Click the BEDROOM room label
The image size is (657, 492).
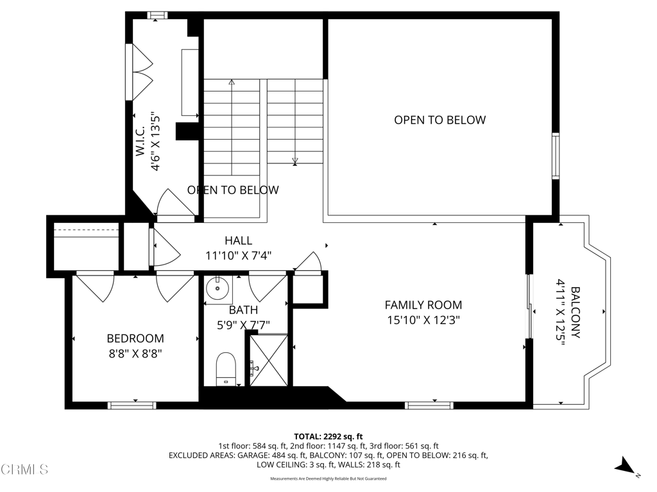pyautogui.click(x=135, y=338)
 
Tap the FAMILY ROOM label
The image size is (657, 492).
pyautogui.click(x=423, y=306)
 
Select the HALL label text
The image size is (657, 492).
pyautogui.click(x=238, y=241)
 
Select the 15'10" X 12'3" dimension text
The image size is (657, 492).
pyautogui.click(x=423, y=320)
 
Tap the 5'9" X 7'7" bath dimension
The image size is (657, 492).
pyautogui.click(x=243, y=325)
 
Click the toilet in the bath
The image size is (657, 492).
pyautogui.click(x=226, y=369)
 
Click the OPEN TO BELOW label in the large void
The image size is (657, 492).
pyautogui.click(x=439, y=120)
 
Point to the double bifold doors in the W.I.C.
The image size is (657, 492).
pyautogui.click(x=142, y=70)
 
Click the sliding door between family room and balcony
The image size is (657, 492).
pyautogui.click(x=529, y=306)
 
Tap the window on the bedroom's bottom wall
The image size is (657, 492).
pyautogui.click(x=132, y=405)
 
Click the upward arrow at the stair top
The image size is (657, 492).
pyautogui.click(x=232, y=82)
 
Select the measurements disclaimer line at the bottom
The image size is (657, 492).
pyautogui.click(x=328, y=479)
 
